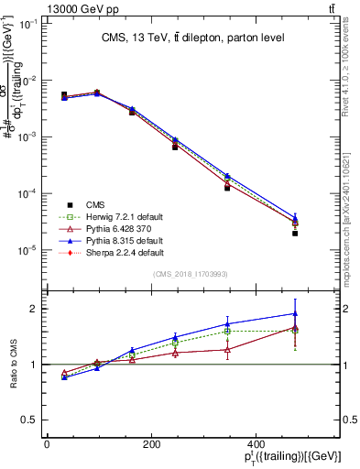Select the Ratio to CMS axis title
tap(13, 364)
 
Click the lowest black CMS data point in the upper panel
tap(321, 234)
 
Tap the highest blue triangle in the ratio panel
tap(321, 313)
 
